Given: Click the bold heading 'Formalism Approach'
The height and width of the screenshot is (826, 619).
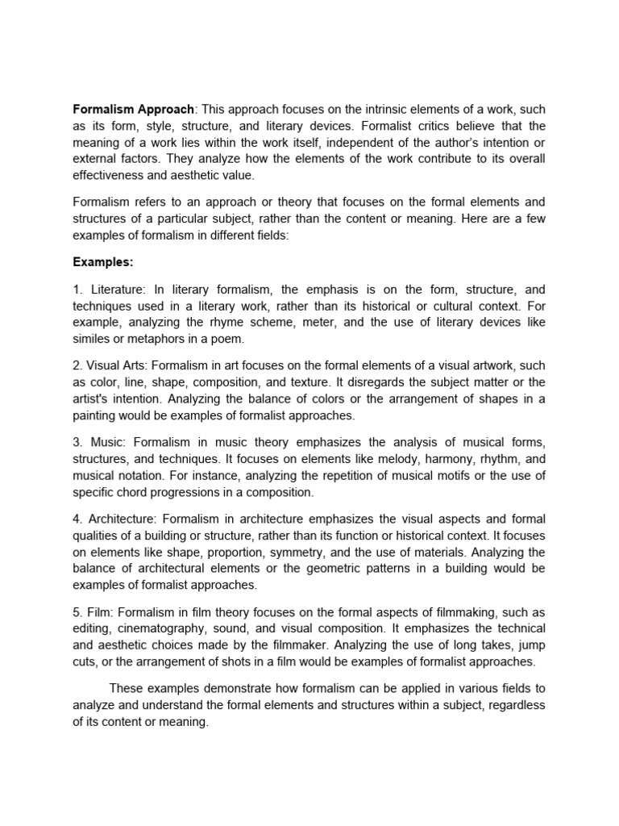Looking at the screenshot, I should point(134,109).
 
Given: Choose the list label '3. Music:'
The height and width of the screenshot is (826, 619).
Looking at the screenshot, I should point(100,441).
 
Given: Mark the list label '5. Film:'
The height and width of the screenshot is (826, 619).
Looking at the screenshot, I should point(94,611).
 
